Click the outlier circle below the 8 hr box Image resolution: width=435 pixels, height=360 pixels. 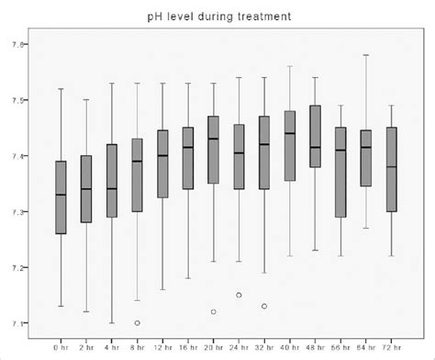(x=137, y=322)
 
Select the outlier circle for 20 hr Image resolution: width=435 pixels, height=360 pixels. (x=214, y=311)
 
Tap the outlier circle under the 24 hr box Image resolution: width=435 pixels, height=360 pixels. (x=239, y=295)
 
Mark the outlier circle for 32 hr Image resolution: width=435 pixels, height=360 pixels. (x=264, y=306)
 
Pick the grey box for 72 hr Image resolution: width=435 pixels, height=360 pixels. (x=393, y=170)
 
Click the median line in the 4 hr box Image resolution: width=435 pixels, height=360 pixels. (x=112, y=188)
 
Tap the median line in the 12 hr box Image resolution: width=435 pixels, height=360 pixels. (x=162, y=155)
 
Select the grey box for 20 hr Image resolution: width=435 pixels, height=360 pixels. (x=214, y=150)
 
